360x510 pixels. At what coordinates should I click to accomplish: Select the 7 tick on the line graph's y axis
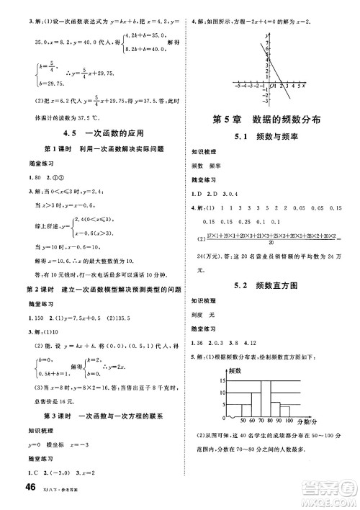pyautogui.click(x=266, y=43)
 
